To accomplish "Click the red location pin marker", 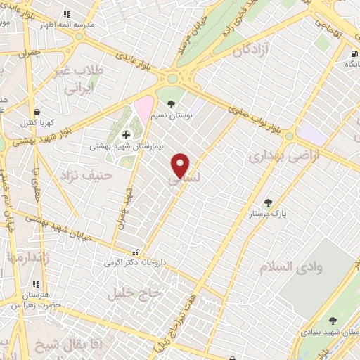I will pyautogui.click(x=181, y=165).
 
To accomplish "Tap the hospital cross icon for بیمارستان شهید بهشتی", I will pyautogui.click(x=127, y=135).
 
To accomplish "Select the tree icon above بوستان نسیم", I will pyautogui.click(x=171, y=104).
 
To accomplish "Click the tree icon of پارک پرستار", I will pyautogui.click(x=267, y=202).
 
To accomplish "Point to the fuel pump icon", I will pyautogui.click(x=352, y=52).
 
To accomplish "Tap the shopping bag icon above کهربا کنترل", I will pyautogui.click(x=36, y=112).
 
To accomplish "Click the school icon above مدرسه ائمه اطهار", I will pyautogui.click(x=67, y=13).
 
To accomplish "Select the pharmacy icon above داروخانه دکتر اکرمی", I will pyautogui.click(x=136, y=252).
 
